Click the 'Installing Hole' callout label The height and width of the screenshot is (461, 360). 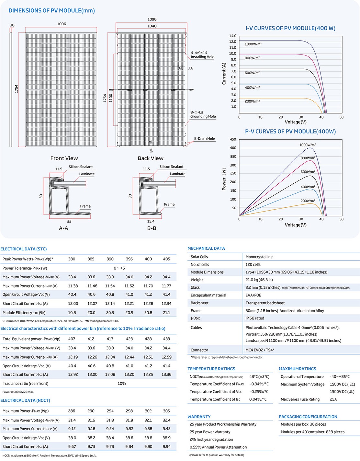click(x=202, y=57)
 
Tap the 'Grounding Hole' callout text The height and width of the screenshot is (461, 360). click(x=203, y=116)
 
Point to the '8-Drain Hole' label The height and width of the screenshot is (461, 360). click(x=204, y=139)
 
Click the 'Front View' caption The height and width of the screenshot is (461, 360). click(x=64, y=158)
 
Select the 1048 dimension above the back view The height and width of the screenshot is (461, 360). click(x=152, y=26)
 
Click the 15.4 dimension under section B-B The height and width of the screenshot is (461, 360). click(x=151, y=221)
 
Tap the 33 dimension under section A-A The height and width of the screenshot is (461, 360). click(x=69, y=221)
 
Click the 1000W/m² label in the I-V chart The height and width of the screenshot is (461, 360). click(x=253, y=44)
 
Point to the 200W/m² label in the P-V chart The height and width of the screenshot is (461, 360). click(x=308, y=201)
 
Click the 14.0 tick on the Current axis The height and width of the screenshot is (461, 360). click(x=232, y=36)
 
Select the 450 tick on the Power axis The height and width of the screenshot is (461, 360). click(x=233, y=139)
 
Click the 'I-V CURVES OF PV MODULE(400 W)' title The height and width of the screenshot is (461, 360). click(x=290, y=28)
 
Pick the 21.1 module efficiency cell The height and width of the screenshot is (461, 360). click(x=166, y=313)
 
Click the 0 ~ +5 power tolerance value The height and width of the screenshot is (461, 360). click(x=119, y=268)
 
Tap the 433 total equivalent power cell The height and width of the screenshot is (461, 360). click(x=166, y=339)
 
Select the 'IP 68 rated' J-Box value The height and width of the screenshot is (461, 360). click(x=255, y=318)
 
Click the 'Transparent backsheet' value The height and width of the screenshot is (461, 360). click(x=265, y=303)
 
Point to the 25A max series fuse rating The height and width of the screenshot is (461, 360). click(x=333, y=399)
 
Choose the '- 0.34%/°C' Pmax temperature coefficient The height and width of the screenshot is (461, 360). click(x=259, y=384)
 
